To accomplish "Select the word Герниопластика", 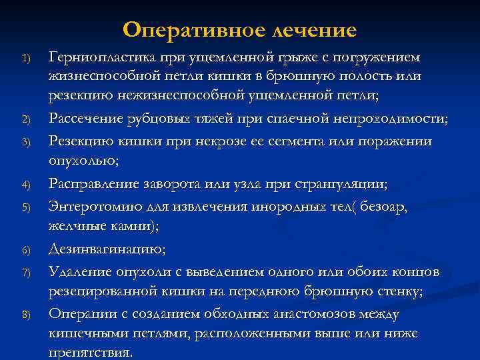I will click(100, 58).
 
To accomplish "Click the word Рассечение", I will click(83, 119).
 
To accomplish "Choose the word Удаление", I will click(75, 271).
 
